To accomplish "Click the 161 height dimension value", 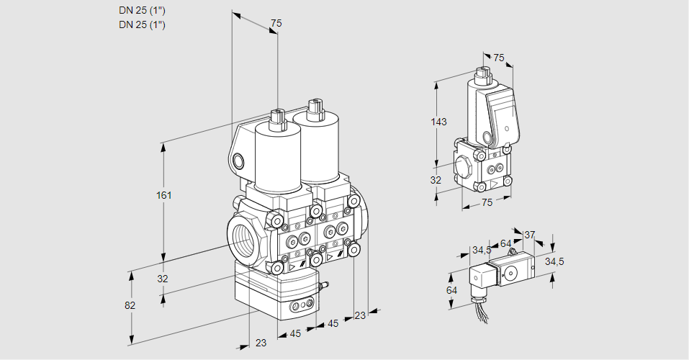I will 165,195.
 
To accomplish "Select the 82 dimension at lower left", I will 130,305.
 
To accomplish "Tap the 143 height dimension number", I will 438,122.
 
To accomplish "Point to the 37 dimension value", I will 529,235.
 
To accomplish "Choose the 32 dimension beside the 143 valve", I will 436,180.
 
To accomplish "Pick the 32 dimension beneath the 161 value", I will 163,279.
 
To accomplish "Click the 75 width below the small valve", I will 487,203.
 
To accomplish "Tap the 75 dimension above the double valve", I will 275,24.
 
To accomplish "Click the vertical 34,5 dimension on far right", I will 554,261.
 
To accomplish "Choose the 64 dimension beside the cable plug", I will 451,289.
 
